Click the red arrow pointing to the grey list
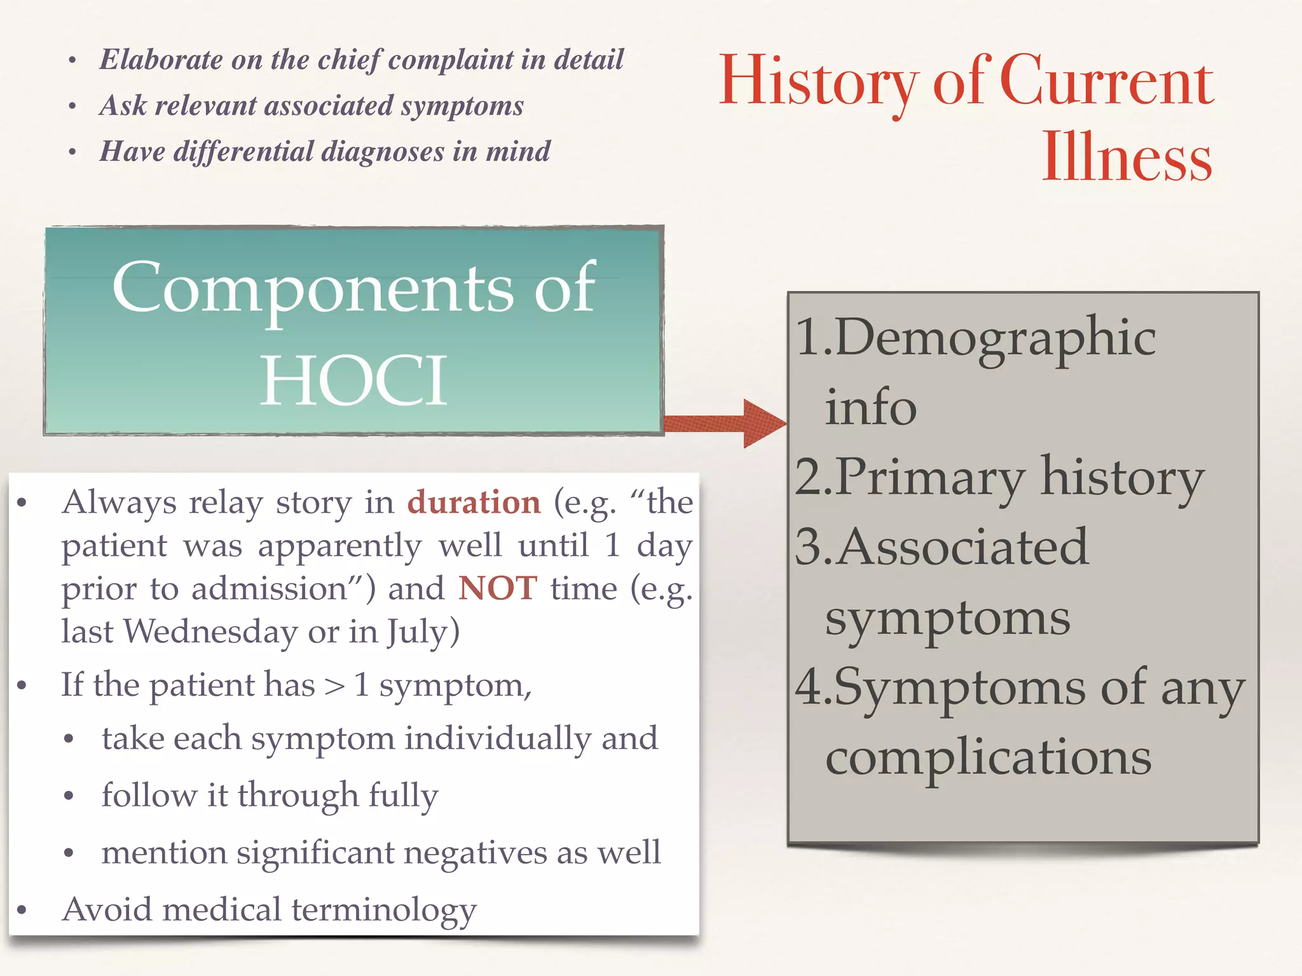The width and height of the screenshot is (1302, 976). pyautogui.click(x=725, y=423)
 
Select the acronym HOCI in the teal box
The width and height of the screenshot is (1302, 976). pyautogui.click(x=354, y=381)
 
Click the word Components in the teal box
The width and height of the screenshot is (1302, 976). pyautogui.click(x=312, y=289)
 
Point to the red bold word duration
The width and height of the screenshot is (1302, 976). pyautogui.click(x=474, y=502)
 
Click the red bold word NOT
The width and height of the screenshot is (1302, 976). pyautogui.click(x=498, y=588)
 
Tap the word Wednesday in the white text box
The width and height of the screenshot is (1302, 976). pyautogui.click(x=210, y=632)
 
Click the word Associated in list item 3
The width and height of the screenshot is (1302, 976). pyautogui.click(x=962, y=547)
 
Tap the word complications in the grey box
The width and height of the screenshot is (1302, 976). pyautogui.click(x=988, y=757)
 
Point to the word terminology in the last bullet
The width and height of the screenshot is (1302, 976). pyautogui.click(x=384, y=910)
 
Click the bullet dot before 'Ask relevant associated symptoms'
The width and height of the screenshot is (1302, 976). pyautogui.click(x=73, y=107)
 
